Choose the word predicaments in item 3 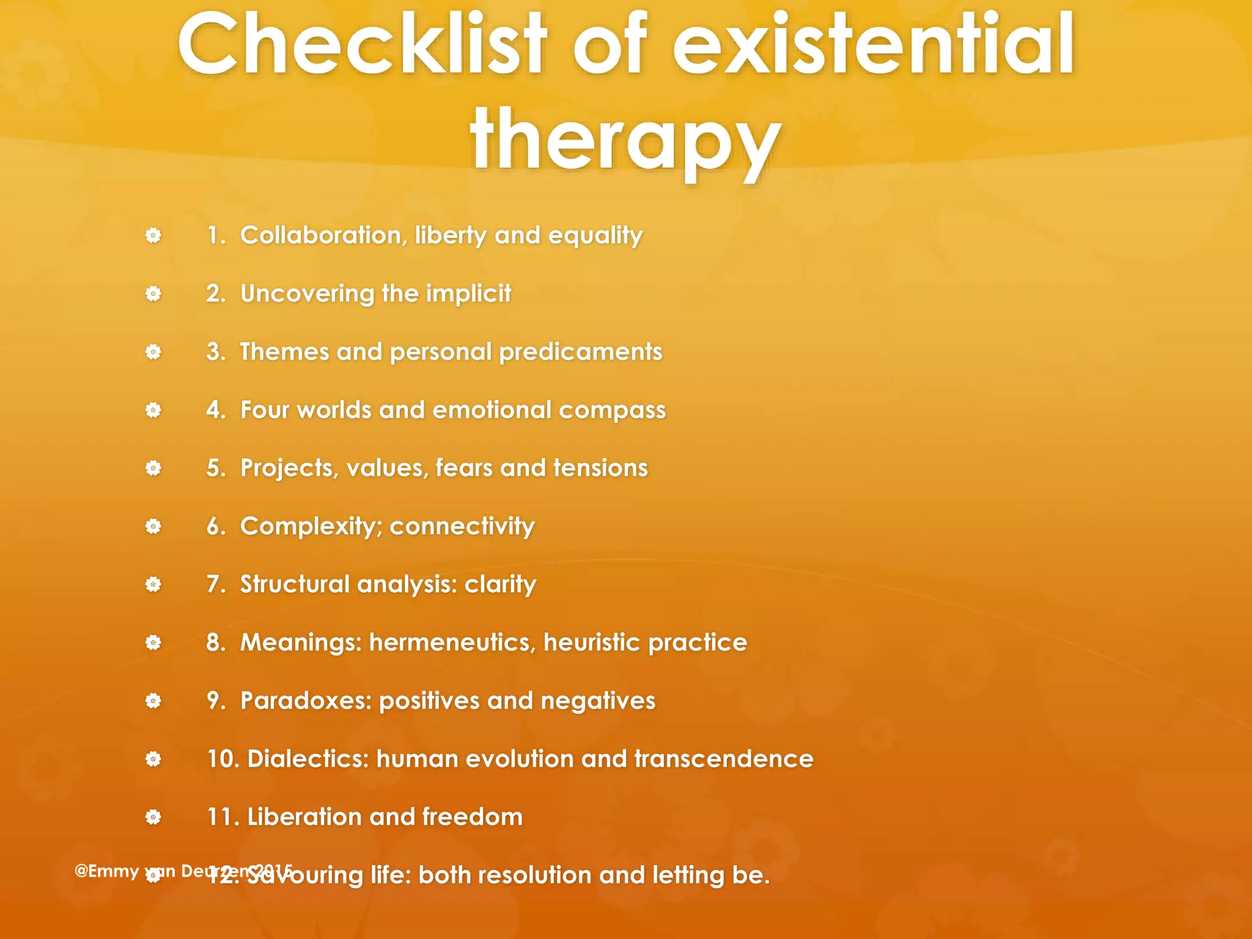581,352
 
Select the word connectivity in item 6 462,526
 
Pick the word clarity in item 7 500,585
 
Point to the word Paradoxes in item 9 306,701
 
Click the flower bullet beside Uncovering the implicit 153,294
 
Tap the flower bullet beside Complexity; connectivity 153,526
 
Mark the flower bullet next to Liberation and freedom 153,817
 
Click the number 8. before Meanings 216,643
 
